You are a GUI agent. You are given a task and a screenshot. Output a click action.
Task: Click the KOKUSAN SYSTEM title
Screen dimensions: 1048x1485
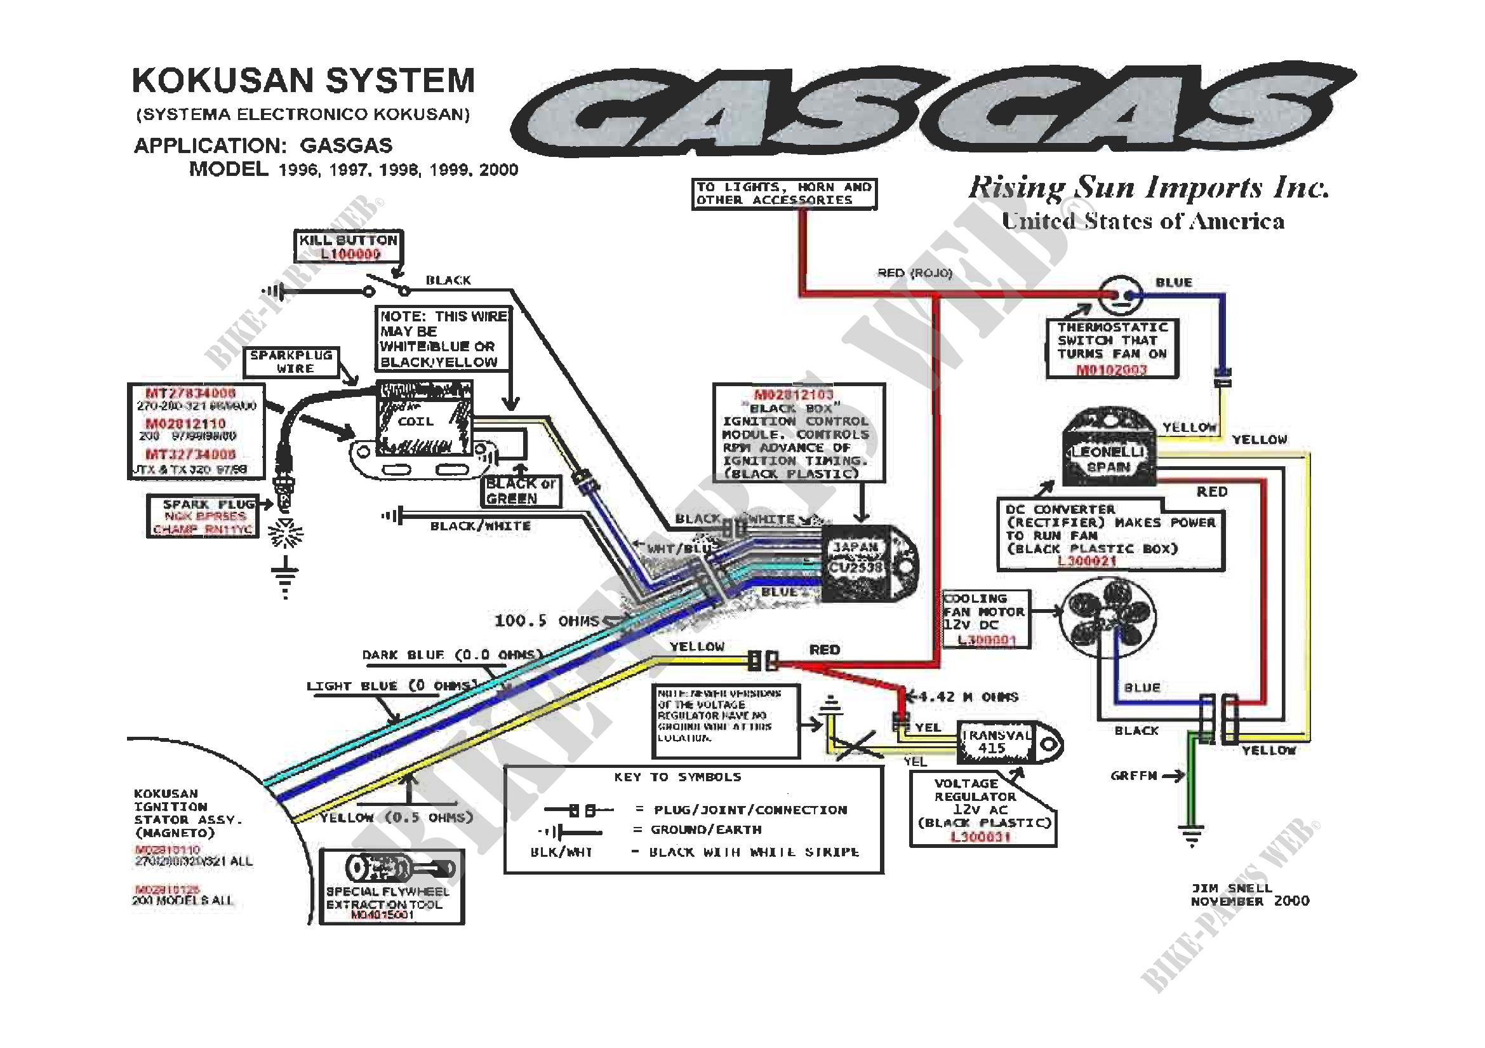(303, 81)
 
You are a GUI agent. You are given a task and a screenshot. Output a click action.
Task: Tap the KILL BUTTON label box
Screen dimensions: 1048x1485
(349, 246)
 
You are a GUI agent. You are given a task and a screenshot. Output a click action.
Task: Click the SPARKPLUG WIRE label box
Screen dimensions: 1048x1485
(291, 362)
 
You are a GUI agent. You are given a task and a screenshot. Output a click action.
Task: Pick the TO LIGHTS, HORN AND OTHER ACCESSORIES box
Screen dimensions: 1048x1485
(784, 194)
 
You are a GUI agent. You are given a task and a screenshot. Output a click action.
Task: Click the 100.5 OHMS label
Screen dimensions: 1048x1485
(547, 621)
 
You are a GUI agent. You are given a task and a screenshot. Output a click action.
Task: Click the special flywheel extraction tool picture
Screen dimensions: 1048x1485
(392, 869)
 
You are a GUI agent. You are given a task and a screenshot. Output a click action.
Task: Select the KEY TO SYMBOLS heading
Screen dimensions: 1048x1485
(677, 777)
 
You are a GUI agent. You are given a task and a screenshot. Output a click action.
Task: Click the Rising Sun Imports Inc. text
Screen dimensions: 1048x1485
(1147, 189)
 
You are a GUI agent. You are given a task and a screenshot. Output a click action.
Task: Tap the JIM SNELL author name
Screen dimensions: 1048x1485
(1232, 887)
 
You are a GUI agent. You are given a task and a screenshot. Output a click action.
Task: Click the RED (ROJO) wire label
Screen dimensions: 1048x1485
(914, 273)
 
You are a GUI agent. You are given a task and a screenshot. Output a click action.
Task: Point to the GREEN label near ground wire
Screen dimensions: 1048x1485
(1133, 776)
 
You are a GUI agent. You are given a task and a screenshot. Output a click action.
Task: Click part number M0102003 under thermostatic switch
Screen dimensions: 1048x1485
(1111, 370)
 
